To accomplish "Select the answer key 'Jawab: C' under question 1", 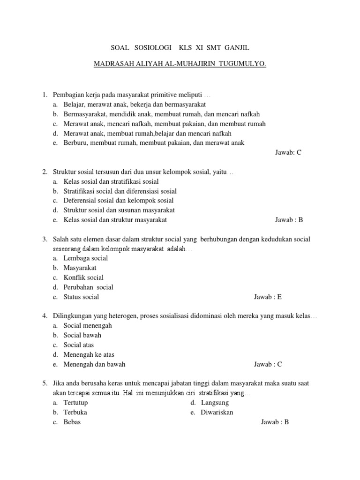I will [288, 153].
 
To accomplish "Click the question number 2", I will [45, 172].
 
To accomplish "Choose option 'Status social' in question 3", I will [81, 297].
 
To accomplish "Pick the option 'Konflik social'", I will [83, 277].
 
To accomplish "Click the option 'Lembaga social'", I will [85, 258].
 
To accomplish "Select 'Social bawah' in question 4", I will [82, 335].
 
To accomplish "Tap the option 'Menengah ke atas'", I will [89, 354].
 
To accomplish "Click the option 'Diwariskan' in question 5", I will [217, 412].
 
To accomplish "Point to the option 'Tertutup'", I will [75, 403].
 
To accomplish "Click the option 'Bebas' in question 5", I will [72, 422].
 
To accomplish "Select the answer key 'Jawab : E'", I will [268, 297].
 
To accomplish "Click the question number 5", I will [45, 383].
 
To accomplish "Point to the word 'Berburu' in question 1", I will [75, 143].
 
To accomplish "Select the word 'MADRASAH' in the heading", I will [115, 64].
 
